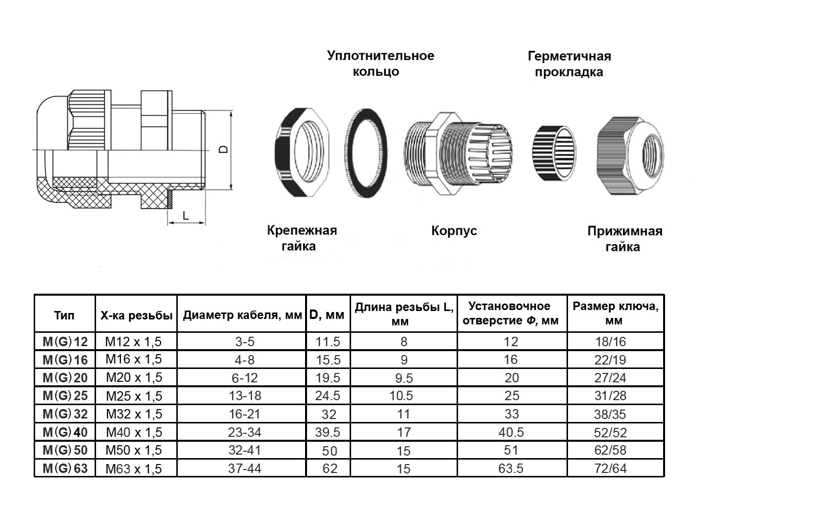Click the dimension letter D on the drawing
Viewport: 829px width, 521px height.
[223, 149]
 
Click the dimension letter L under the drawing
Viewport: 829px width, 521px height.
[186, 215]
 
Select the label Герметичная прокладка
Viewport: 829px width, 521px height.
[569, 64]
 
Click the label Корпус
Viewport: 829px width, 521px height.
[454, 231]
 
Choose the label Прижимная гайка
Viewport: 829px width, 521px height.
[624, 239]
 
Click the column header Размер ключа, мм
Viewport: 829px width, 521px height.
[615, 313]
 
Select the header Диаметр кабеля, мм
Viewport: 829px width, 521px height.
[242, 315]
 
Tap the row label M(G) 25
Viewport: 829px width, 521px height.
[65, 396]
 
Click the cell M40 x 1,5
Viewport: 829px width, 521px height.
[134, 432]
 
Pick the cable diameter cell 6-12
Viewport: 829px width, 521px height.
[245, 378]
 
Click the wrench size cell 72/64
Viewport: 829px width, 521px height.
[611, 469]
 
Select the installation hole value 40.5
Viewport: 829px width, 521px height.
[511, 432]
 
